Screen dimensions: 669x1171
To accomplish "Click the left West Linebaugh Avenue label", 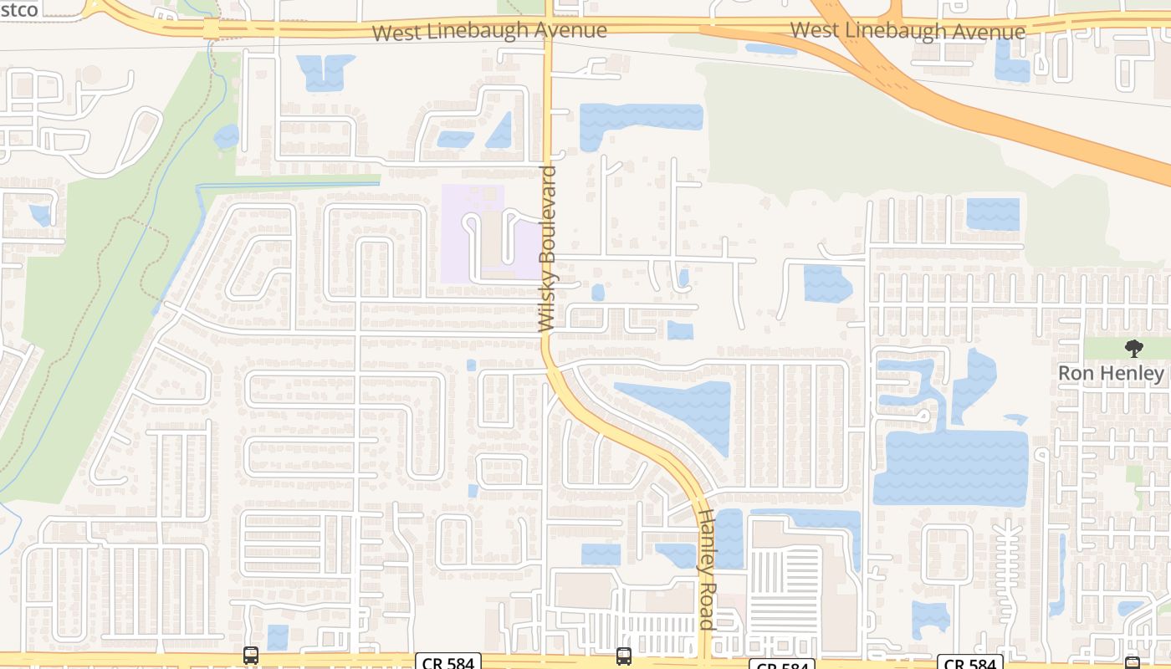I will (489, 31).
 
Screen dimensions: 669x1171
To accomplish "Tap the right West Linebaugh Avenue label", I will (908, 31).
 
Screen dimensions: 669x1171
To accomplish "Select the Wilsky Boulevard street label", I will (548, 249).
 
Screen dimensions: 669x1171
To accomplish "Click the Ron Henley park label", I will (1111, 373).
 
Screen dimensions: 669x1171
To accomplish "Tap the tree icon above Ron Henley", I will (1133, 349).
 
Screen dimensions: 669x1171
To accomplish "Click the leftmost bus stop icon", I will (251, 656).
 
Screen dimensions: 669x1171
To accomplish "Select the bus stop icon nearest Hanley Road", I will (624, 656).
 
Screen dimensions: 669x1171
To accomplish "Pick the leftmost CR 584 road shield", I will (448, 661).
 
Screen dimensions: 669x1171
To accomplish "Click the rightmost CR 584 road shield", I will (970, 662).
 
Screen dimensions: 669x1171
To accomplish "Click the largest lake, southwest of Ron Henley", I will (951, 468).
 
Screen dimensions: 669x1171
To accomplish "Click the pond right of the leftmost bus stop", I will (277, 636).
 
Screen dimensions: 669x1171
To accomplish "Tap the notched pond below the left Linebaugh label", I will (325, 72).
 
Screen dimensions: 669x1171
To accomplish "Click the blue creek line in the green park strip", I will (125, 276).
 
